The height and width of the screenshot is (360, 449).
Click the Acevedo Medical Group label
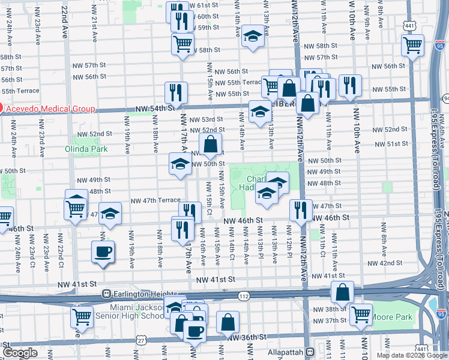click(x=51, y=109)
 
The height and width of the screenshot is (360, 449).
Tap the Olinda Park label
click(x=86, y=148)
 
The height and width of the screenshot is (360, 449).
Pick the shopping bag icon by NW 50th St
click(x=211, y=144)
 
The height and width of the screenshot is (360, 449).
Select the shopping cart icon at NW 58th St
click(x=182, y=43)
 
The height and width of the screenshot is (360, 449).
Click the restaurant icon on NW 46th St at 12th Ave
click(x=300, y=209)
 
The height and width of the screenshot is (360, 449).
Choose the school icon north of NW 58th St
click(x=253, y=35)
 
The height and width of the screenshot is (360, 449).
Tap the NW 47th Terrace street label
click(x=155, y=200)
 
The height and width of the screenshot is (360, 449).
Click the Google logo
click(x=20, y=353)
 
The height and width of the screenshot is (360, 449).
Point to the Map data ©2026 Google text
click(x=411, y=355)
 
